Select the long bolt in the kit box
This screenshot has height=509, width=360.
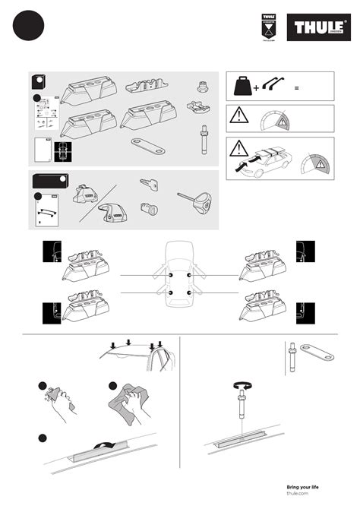[x=204, y=141]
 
